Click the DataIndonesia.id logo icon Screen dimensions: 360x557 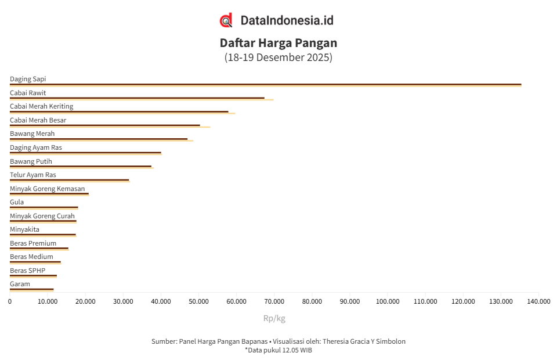pos(226,20)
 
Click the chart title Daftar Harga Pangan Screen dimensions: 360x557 pos(278,43)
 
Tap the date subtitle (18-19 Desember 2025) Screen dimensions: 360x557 pos(278,57)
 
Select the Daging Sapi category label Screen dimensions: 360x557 pos(28,79)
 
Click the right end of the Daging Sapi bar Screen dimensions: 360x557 pos(520,85)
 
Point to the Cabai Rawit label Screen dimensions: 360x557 pos(28,93)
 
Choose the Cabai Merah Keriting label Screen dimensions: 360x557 pos(42,106)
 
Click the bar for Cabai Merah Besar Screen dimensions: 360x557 pos(104,125)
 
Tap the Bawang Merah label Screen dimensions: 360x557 pos(32,134)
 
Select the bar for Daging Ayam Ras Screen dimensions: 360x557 pos(85,153)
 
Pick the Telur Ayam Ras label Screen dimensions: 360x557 pos(33,175)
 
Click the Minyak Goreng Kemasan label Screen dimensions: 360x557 pos(48,189)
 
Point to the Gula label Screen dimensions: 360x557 pos(17,202)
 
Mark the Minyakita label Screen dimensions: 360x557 pos(24,229)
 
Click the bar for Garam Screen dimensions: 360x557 pos(32,289)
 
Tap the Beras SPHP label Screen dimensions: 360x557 pos(27,271)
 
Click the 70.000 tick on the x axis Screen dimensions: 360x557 pos(274,301)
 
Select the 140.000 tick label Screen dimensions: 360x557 pos(538,301)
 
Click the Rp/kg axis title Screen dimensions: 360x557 pos(274,318)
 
